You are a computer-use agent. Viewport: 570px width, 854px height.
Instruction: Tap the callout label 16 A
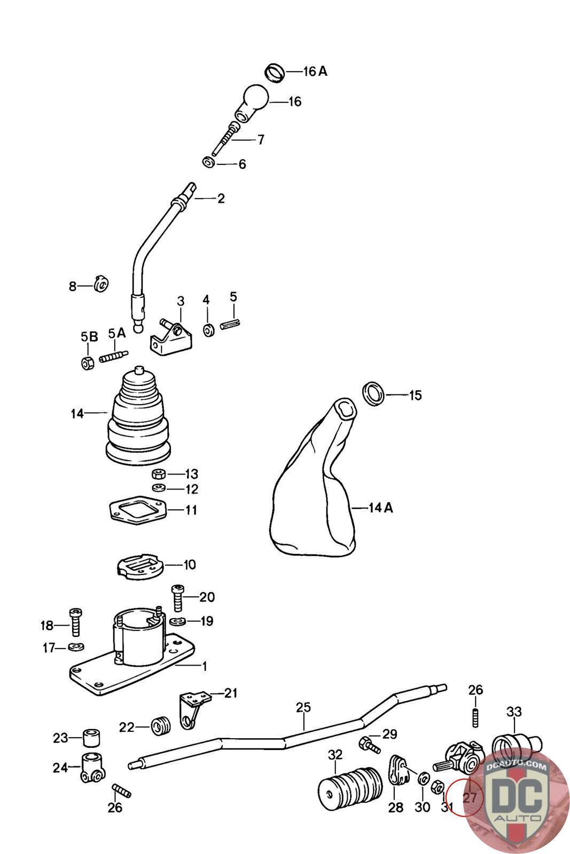315,72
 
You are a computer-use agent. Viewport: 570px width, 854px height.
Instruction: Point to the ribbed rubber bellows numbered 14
138,416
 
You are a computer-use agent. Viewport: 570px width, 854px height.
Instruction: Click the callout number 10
190,565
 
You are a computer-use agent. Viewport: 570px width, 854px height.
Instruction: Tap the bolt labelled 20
177,597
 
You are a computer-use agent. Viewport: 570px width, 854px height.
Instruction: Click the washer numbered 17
77,647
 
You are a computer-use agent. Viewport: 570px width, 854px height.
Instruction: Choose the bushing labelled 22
160,726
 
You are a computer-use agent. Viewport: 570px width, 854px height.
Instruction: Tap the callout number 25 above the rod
303,708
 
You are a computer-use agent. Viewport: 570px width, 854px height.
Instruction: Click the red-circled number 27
469,797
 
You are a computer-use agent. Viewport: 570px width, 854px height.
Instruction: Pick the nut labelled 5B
88,363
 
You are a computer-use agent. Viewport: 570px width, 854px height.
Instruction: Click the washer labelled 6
209,162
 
